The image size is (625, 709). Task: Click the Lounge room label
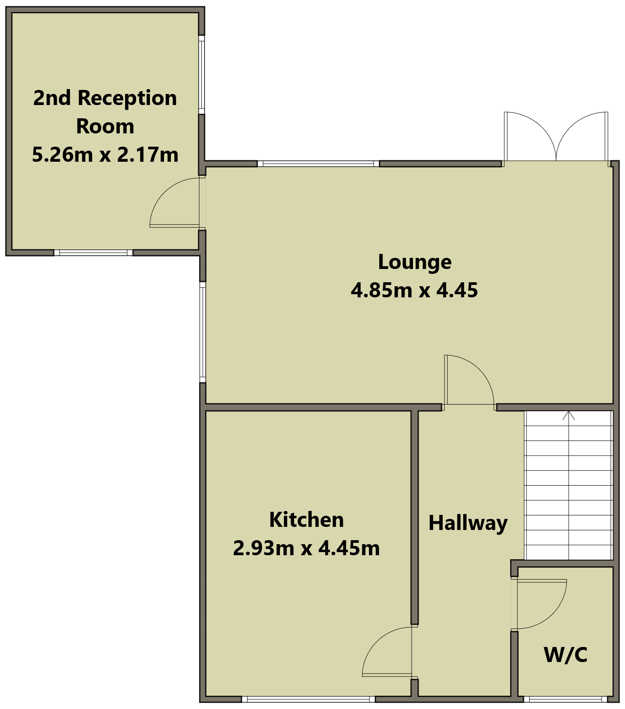(x=415, y=262)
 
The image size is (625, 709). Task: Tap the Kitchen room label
(x=307, y=520)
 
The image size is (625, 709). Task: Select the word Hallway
(x=468, y=523)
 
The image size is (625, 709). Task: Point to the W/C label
(x=566, y=654)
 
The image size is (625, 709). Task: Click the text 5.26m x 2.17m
(x=105, y=155)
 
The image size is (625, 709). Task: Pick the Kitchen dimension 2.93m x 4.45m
(x=307, y=548)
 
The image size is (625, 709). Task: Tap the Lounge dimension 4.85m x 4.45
(x=414, y=290)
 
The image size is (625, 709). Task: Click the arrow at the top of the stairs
(x=569, y=416)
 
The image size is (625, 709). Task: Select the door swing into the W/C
(x=550, y=616)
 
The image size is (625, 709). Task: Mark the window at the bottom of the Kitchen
(x=308, y=699)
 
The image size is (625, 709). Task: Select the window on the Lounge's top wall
(x=318, y=164)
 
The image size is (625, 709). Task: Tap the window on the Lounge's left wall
(x=203, y=332)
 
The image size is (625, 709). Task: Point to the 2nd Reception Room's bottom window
(x=93, y=253)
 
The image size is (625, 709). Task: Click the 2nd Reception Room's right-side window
(x=201, y=74)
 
